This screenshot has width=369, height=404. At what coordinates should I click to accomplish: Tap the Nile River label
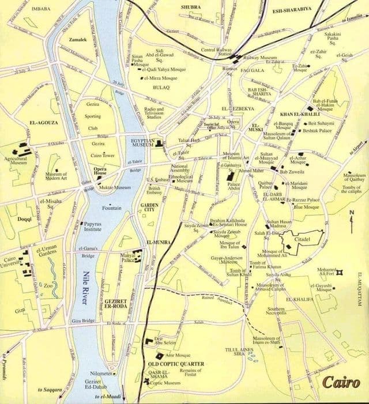point(89,289)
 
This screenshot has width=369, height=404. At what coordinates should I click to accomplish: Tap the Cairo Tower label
point(103,156)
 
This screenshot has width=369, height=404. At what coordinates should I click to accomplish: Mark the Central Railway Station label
point(216,53)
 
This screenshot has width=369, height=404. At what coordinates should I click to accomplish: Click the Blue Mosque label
point(306,207)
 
